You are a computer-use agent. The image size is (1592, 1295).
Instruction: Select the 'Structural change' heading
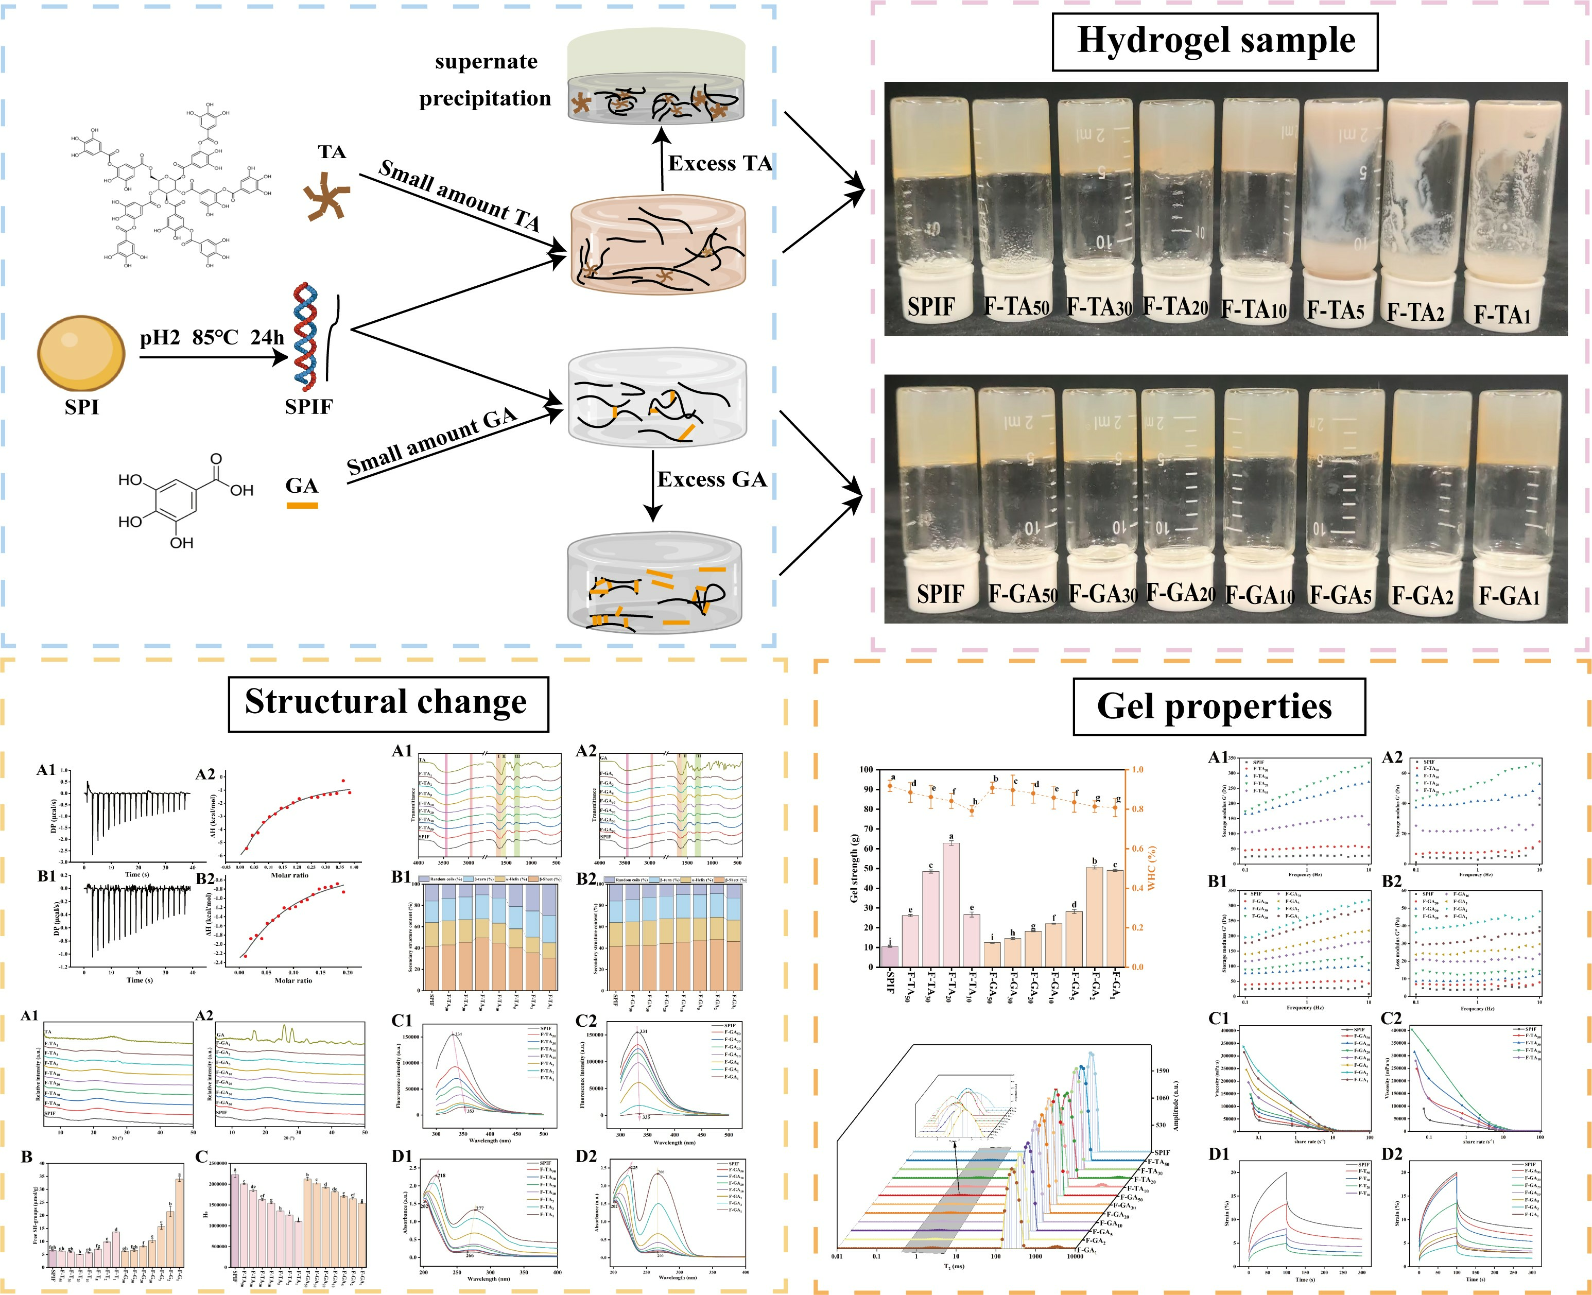click(x=387, y=703)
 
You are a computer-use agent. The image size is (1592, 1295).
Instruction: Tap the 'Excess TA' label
click(x=719, y=163)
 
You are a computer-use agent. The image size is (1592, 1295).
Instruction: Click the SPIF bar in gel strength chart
click(x=890, y=956)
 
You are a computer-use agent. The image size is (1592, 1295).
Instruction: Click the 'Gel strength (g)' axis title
click(x=854, y=868)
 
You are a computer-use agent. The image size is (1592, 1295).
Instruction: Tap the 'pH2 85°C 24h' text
click(x=212, y=338)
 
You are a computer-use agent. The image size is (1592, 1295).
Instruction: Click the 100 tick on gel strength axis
click(x=867, y=770)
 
